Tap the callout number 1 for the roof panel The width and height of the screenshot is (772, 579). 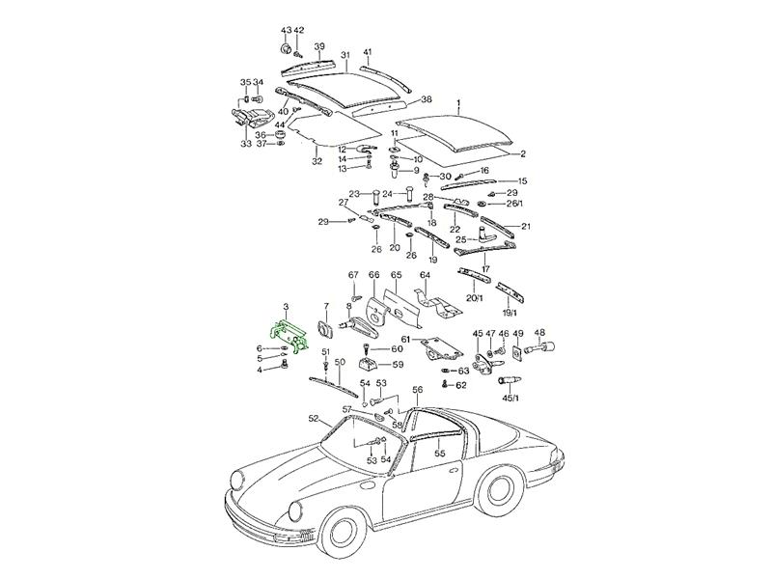[459, 102]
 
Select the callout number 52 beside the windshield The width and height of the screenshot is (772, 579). [313, 418]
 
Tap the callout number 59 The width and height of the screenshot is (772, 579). [398, 365]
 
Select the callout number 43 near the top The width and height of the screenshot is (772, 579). [286, 31]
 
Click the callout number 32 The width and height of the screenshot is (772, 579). [317, 161]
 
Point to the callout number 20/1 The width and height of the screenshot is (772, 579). [474, 298]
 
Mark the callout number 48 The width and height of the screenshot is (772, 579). [538, 333]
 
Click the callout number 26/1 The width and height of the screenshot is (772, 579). [514, 205]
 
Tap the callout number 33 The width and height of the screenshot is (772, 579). [246, 144]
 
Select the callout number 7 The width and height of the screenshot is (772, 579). [326, 306]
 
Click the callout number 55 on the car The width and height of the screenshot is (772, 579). [439, 452]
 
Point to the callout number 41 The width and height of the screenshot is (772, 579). [367, 51]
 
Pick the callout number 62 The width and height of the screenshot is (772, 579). [461, 385]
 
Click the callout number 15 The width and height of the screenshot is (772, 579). [522, 181]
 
